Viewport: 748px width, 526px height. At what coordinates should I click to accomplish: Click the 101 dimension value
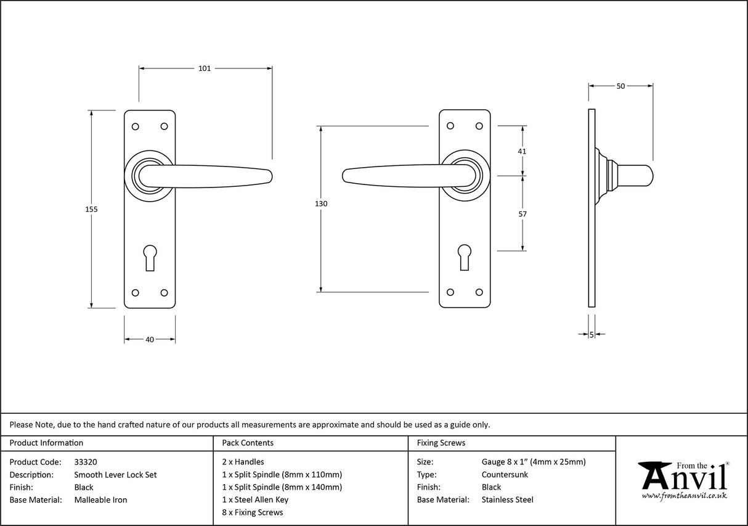tap(205, 68)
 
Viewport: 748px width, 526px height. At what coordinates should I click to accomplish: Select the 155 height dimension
tap(91, 209)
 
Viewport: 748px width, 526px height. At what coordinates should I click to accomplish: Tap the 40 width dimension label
tap(150, 339)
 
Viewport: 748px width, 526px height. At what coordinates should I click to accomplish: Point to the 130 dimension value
tap(321, 203)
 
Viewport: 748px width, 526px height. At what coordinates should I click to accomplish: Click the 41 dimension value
tap(522, 151)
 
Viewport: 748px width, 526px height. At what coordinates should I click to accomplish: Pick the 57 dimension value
tap(522, 214)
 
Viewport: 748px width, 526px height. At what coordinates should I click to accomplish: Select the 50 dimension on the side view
tap(620, 86)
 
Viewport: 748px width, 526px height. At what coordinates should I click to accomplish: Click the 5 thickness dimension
tap(591, 334)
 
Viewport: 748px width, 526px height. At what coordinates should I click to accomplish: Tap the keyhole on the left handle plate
tap(150, 255)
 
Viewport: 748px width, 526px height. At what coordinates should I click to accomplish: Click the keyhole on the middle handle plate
tap(465, 255)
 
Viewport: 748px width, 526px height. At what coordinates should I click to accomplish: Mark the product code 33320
tap(86, 462)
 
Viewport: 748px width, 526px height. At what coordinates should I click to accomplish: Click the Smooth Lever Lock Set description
tap(115, 475)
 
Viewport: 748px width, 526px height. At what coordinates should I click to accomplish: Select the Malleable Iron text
tap(100, 500)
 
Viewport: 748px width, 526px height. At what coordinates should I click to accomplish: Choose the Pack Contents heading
tap(248, 443)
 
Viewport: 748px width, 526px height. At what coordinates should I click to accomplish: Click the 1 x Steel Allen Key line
tap(255, 500)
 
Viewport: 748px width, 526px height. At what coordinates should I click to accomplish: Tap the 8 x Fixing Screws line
tap(253, 512)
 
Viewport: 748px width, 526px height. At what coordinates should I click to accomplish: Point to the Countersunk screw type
tap(505, 475)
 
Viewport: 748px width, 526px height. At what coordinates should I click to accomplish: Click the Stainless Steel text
tap(508, 500)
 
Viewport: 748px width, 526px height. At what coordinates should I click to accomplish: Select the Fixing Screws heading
tap(441, 443)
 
